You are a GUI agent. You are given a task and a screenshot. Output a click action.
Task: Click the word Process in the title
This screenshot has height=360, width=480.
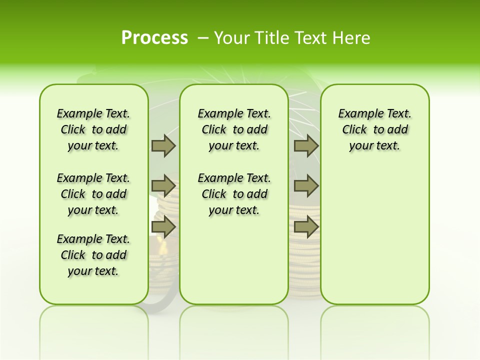(x=154, y=37)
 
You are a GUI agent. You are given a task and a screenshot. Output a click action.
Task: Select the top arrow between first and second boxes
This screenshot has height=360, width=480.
(x=163, y=145)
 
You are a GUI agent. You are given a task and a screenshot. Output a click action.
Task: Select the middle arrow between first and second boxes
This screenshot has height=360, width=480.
(x=163, y=186)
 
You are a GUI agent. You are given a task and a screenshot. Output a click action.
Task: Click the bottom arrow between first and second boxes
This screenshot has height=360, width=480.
(x=163, y=227)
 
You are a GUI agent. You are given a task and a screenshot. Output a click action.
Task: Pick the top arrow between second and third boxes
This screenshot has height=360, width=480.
(x=306, y=145)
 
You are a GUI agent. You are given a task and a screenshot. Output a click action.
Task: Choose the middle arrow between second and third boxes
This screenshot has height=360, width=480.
(x=306, y=186)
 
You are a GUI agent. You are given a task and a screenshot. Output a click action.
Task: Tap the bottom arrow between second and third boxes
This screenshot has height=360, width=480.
(x=306, y=227)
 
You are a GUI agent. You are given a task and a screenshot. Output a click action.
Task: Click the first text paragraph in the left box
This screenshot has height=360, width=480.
(x=93, y=129)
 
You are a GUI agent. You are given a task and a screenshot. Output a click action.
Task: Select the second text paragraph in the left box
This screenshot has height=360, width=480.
(x=93, y=194)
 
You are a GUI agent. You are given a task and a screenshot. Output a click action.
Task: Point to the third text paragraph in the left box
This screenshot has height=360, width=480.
(x=93, y=255)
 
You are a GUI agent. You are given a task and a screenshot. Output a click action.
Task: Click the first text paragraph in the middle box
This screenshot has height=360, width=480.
(x=234, y=129)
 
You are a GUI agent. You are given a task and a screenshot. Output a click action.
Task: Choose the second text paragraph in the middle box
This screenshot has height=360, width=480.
(x=234, y=194)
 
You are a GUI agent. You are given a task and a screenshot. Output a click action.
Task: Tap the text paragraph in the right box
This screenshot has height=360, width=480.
(x=375, y=129)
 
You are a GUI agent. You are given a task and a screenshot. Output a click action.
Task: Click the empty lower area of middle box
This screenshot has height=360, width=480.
(x=234, y=260)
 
